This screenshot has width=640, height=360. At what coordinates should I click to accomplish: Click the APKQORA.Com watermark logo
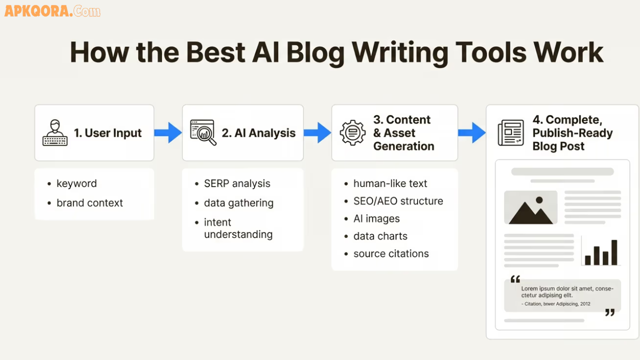[52, 11]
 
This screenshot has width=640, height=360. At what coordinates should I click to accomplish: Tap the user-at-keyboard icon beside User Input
[54, 132]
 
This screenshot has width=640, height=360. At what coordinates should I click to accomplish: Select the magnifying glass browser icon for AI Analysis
[203, 132]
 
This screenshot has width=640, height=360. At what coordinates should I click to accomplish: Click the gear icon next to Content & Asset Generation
[352, 132]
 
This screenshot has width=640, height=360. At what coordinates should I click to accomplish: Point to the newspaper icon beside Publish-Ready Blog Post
[510, 133]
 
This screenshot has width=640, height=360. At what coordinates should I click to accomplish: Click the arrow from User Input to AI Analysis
[168, 132]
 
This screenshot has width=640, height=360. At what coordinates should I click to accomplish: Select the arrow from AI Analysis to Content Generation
[317, 132]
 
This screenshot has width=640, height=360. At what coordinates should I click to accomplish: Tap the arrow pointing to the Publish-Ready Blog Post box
[472, 132]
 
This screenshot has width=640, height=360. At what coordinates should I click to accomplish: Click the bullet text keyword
[76, 183]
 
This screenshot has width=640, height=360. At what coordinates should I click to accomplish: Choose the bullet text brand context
[89, 203]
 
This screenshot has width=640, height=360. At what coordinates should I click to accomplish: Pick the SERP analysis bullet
[237, 183]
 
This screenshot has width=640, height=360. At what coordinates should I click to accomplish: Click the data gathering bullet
[238, 203]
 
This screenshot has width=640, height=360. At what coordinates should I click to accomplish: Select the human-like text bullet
[390, 183]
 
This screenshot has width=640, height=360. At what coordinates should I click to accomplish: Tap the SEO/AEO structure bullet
[398, 201]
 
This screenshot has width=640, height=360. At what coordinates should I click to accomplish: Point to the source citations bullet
[391, 253]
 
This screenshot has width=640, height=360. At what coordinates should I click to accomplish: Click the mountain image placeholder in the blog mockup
[530, 207]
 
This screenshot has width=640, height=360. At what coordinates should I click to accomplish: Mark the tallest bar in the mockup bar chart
[614, 252]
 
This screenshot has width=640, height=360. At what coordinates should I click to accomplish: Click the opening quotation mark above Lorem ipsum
[515, 279]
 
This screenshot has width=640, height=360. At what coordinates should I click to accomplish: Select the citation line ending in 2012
[555, 303]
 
